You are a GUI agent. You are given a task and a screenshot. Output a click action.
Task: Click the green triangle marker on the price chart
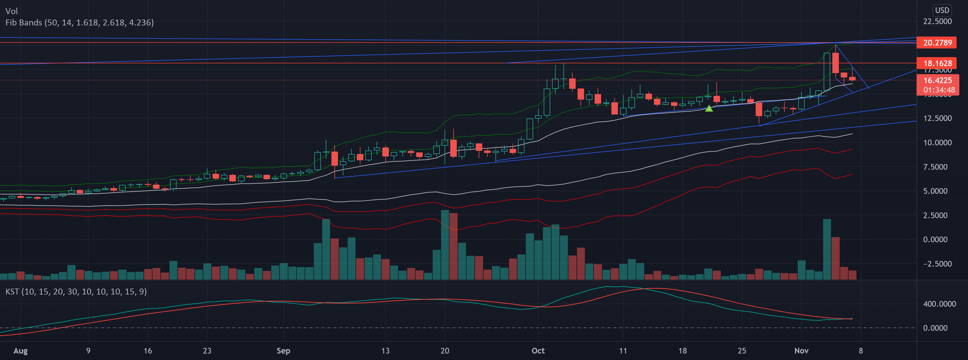coord(709,109)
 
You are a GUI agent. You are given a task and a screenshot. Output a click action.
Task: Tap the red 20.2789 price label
coord(938,43)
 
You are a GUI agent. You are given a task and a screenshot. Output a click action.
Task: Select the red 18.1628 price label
coord(938,63)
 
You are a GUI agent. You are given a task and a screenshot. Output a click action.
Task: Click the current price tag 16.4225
coord(938,80)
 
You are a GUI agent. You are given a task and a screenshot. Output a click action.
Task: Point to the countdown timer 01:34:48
coord(939,90)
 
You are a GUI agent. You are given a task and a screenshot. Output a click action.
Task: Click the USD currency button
coord(942,10)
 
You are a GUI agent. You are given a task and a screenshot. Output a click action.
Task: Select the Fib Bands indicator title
coord(79,22)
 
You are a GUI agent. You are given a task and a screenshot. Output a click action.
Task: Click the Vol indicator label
coord(12,11)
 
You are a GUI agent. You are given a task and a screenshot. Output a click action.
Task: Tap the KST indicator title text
coord(76,292)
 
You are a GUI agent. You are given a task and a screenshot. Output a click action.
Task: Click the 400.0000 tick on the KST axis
coord(939,304)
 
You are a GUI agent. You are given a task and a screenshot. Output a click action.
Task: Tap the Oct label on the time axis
coord(538,351)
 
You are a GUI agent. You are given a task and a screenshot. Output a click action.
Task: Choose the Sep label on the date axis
coord(283,351)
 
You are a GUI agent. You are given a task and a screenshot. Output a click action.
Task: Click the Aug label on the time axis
coord(20,351)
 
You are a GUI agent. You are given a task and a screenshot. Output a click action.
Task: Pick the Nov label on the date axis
coord(801,351)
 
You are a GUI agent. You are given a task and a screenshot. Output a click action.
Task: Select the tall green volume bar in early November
coord(827,249)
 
